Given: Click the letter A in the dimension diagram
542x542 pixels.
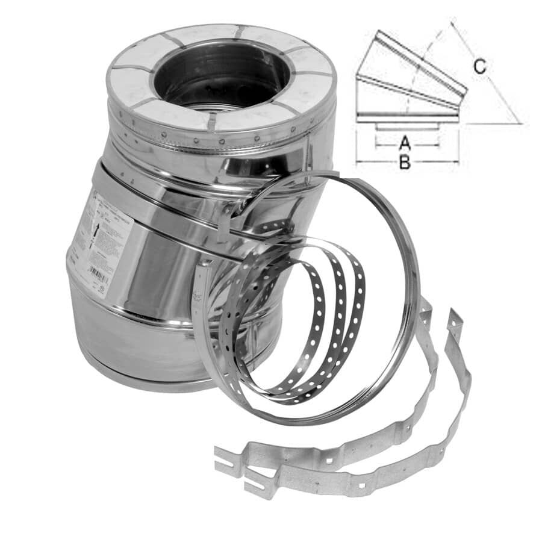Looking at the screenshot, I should (405, 143).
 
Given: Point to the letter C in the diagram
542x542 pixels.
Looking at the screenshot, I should (479, 67).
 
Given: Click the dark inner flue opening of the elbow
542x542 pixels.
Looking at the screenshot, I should (220, 78).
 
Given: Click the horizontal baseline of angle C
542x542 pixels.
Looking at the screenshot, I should (494, 124).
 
